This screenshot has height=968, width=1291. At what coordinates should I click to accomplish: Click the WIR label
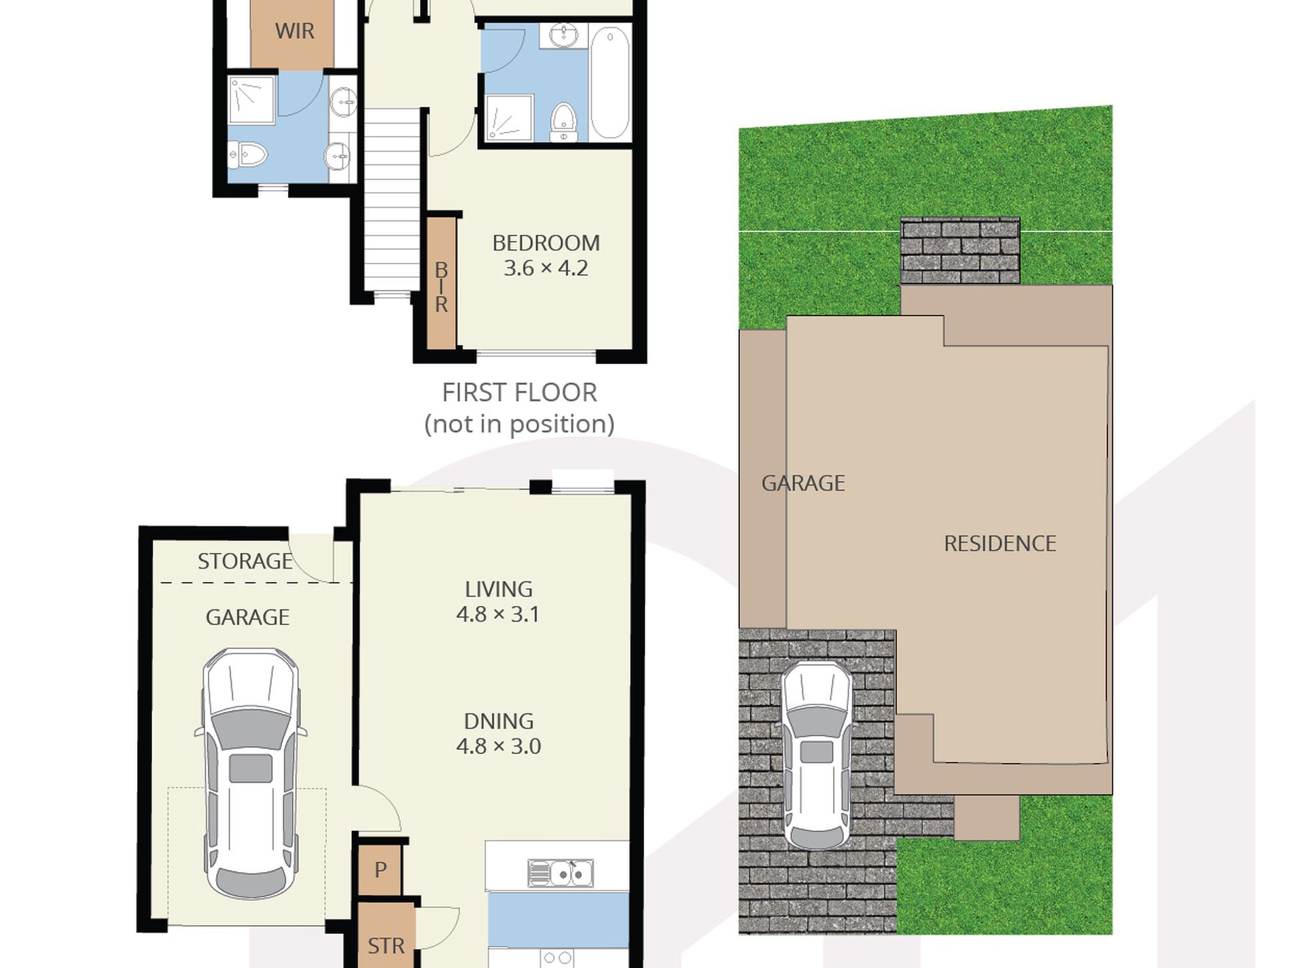[x=294, y=31]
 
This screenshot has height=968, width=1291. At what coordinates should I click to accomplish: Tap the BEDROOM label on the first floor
[x=546, y=243]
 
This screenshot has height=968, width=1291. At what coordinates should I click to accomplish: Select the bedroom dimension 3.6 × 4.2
[x=546, y=268]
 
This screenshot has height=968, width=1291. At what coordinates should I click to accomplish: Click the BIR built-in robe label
[x=441, y=287]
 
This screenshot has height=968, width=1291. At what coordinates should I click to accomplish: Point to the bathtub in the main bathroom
[x=609, y=82]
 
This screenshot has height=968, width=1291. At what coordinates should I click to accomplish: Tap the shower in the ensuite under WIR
[x=251, y=101]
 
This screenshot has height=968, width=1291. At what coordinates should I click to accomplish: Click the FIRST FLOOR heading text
[x=519, y=392]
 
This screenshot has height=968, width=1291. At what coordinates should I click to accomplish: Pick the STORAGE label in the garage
[x=245, y=561]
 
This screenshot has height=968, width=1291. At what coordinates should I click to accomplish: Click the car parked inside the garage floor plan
[x=251, y=774]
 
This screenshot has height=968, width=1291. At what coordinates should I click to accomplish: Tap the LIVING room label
[x=498, y=589]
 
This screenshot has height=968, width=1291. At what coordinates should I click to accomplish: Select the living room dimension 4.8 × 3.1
[x=498, y=615]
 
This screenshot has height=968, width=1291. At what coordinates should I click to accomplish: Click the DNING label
[x=498, y=721]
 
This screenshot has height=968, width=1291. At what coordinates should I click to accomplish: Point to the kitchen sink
[x=561, y=874]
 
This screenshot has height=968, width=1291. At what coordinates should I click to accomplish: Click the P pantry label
[x=381, y=869]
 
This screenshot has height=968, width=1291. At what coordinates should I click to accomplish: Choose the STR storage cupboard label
[x=386, y=946]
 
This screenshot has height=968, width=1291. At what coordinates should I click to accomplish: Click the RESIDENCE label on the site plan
[x=1000, y=543]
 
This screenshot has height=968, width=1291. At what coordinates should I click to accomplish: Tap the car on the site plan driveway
[x=817, y=754]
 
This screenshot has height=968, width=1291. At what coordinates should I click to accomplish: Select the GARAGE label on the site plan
[x=803, y=483]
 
